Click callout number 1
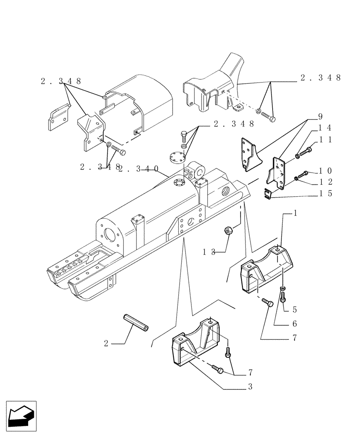(x=295, y=213)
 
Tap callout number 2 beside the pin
(x=106, y=343)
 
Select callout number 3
(x=250, y=387)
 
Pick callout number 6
(x=294, y=324)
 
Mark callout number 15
(x=325, y=193)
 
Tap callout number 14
(x=325, y=128)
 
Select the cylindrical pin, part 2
(x=137, y=322)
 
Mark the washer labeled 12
(x=296, y=178)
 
